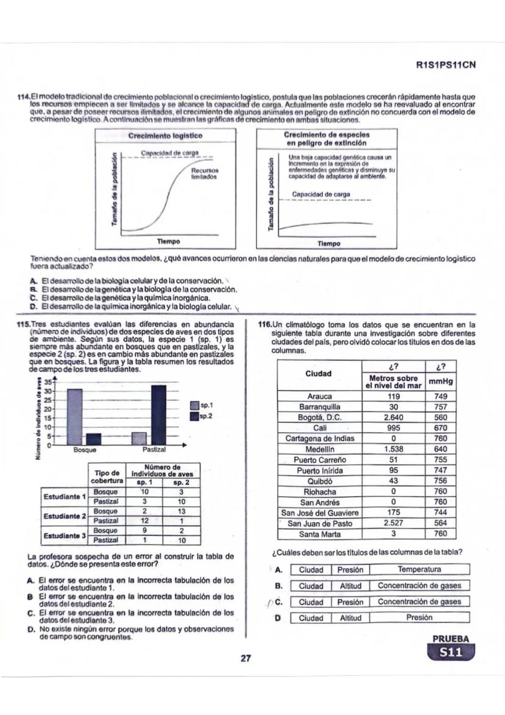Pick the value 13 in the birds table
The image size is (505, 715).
tap(181, 510)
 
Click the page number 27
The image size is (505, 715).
tap(246, 659)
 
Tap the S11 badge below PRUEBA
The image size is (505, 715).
tap(451, 654)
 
